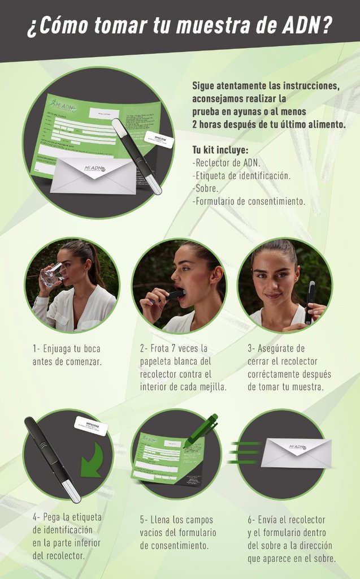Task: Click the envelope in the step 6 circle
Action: pos(296,452)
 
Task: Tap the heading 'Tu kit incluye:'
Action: pos(220,150)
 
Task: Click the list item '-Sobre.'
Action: pos(205,188)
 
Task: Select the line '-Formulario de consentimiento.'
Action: pos(249,201)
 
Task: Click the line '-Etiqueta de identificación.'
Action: pos(241,175)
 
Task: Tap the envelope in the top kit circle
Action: pos(93,175)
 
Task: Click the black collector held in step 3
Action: pos(309,303)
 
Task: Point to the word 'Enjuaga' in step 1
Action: pos(58,349)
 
